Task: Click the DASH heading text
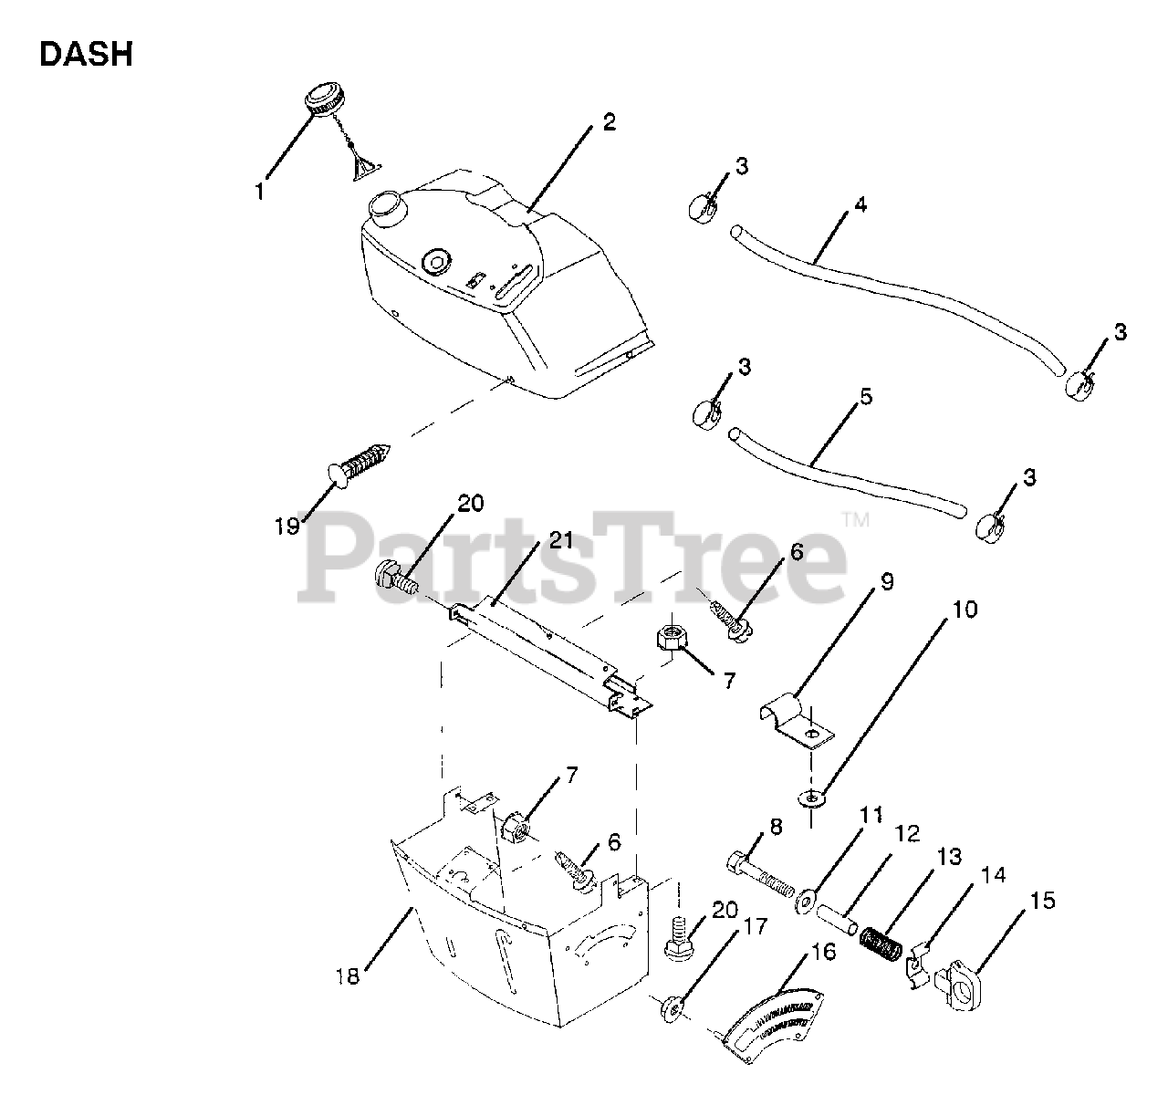pos(86,55)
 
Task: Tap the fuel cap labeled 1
pos(321,97)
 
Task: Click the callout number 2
pos(609,122)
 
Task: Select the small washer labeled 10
pos(810,798)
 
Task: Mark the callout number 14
pos(993,875)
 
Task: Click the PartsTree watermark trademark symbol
pos(856,521)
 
